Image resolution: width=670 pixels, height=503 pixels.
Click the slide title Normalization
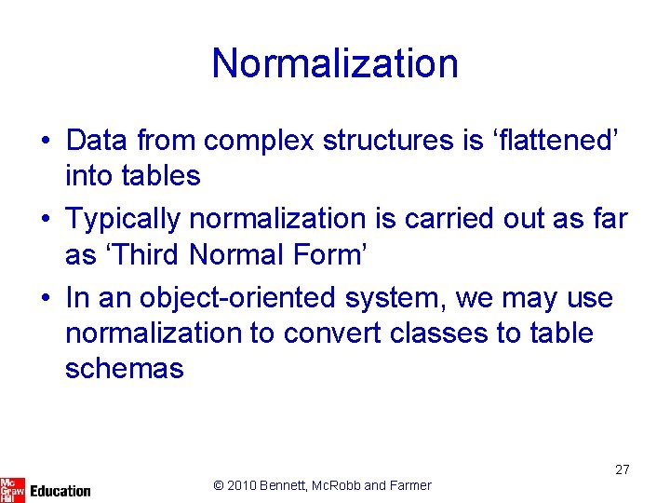click(335, 63)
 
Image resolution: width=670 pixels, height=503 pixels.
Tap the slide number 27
click(623, 469)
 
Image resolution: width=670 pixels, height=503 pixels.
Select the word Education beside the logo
click(60, 490)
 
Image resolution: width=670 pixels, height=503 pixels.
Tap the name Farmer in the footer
click(409, 485)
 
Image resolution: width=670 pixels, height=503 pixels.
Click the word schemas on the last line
click(124, 369)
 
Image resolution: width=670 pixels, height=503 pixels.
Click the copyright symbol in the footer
click(219, 485)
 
